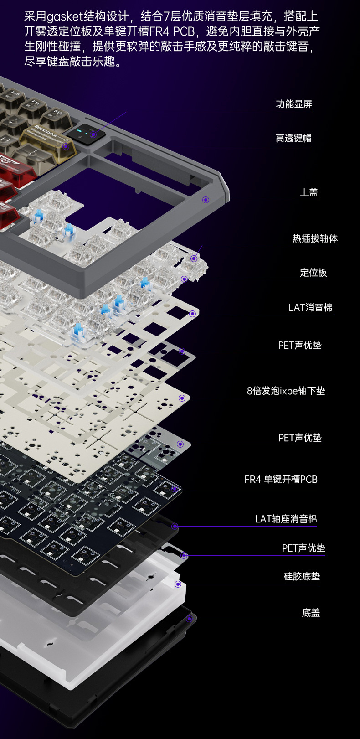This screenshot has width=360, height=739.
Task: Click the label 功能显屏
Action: (x=294, y=104)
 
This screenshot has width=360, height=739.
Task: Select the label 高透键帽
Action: (x=293, y=138)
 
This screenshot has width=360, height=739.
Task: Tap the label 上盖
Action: (x=309, y=192)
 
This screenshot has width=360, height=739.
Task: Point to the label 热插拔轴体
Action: (x=315, y=238)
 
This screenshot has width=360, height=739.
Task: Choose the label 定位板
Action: (x=314, y=273)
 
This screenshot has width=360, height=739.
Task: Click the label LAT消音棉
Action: (x=310, y=308)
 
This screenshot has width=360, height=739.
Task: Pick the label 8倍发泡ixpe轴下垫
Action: (x=286, y=391)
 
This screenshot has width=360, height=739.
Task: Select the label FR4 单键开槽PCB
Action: (x=281, y=480)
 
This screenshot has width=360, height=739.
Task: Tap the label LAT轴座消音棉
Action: (x=286, y=519)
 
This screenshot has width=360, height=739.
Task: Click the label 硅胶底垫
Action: (x=302, y=577)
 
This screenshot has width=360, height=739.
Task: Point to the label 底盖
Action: (x=311, y=613)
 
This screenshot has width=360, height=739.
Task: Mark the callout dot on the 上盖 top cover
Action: (x=206, y=200)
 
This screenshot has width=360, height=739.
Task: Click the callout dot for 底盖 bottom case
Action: (x=189, y=619)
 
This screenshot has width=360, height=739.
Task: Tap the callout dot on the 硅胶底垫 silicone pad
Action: (x=178, y=584)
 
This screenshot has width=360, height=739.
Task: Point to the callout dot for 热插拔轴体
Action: (x=194, y=258)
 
